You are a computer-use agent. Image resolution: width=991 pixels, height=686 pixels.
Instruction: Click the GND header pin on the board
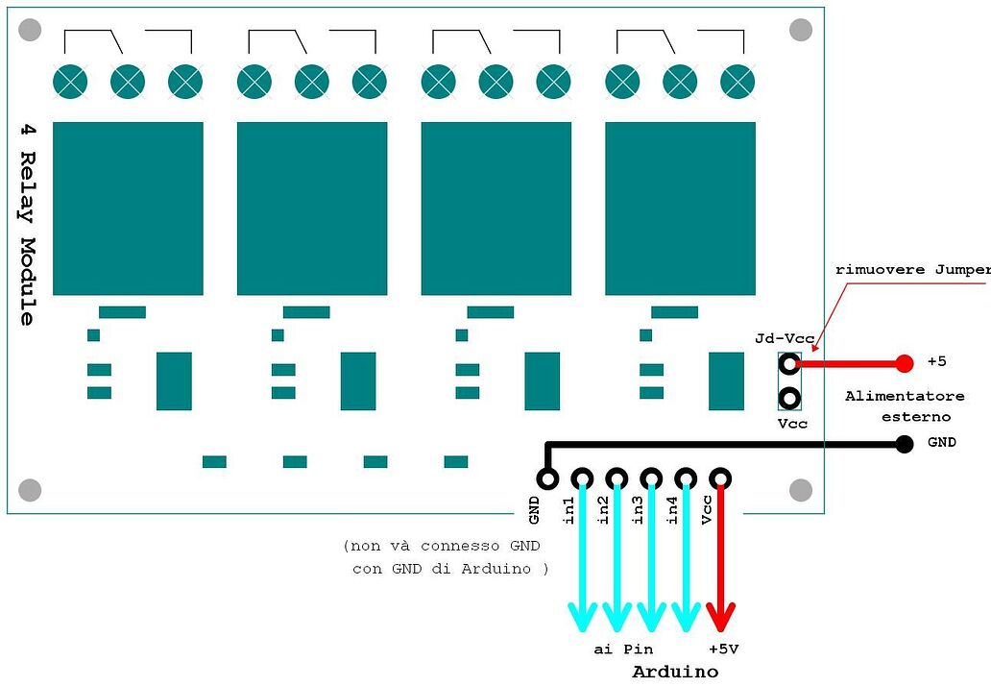tap(547, 478)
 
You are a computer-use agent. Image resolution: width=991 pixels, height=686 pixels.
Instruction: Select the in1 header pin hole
tap(582, 478)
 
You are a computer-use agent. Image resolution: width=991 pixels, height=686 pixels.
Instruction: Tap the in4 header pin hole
tap(686, 478)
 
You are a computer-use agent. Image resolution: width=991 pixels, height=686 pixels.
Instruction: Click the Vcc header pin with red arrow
tap(720, 478)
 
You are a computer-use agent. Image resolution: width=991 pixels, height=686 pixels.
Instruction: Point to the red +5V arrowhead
tap(720, 616)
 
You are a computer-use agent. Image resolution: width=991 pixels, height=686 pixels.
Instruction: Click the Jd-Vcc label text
tap(785, 338)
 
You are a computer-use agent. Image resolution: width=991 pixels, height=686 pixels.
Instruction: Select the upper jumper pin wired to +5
tap(789, 363)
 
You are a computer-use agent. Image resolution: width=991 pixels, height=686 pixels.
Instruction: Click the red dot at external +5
tap(904, 363)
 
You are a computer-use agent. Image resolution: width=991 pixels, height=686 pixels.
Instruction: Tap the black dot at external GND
tap(904, 444)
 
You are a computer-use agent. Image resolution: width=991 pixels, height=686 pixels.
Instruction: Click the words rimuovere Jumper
tap(912, 270)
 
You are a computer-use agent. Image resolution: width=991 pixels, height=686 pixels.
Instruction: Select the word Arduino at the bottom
tap(675, 671)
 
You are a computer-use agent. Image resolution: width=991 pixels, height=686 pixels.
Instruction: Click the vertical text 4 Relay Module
tap(27, 223)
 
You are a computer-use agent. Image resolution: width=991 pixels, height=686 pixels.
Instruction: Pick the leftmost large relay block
tap(128, 208)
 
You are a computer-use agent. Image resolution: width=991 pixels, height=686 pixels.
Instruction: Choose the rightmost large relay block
tap(680, 208)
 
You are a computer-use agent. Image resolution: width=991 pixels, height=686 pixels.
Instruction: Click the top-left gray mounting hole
tap(30, 30)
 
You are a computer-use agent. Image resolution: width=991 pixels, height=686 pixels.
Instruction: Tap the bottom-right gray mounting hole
tap(801, 490)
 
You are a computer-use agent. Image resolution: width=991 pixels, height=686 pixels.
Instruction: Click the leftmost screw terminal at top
tap(70, 82)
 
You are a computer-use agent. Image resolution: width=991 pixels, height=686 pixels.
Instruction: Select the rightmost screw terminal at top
tap(737, 82)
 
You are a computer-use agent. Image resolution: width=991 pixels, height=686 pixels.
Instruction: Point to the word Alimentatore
tap(905, 396)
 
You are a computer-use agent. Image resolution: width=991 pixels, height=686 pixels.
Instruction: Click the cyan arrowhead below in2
tap(616, 616)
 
